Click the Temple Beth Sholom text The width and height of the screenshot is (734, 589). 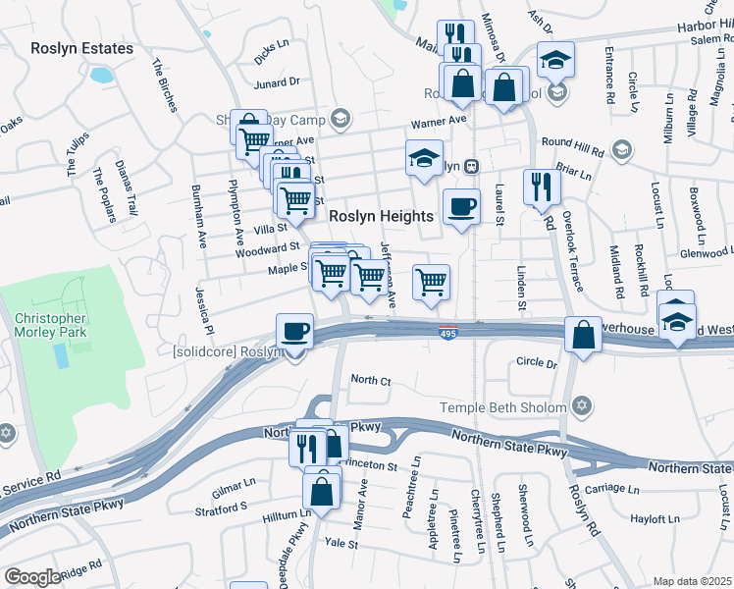502,407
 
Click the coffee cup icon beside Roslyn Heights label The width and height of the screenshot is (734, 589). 460,207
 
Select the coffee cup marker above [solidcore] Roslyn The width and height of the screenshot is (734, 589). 294,332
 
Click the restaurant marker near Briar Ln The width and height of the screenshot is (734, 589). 540,186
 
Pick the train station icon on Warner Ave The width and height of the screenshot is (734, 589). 471,166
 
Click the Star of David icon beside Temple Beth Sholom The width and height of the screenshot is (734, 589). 582,406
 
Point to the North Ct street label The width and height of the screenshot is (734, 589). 371,380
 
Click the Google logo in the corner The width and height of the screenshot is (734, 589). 32,577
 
